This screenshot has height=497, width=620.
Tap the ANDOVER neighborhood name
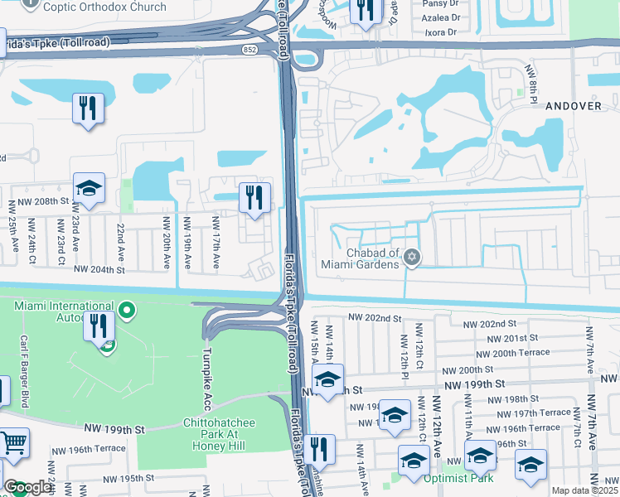click(x=573, y=106)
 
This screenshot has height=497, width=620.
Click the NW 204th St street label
click(x=99, y=269)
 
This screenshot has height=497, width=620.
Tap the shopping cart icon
click(x=13, y=446)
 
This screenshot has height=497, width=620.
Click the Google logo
click(x=27, y=487)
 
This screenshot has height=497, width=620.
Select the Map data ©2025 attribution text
click(x=584, y=490)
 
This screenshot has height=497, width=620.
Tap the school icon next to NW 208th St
click(x=90, y=188)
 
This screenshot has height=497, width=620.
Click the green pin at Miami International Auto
click(x=127, y=311)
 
